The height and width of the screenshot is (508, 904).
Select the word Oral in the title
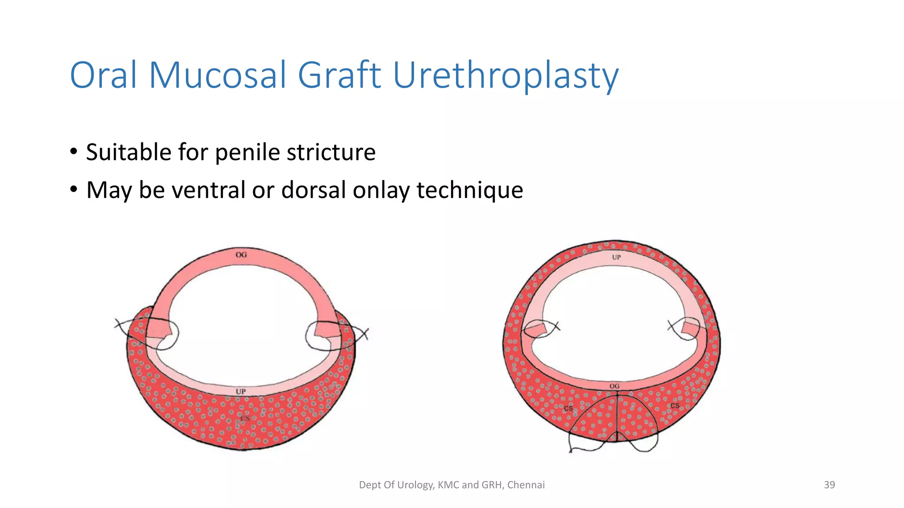pyautogui.click(x=103, y=75)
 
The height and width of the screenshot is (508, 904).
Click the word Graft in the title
pyautogui.click(x=339, y=75)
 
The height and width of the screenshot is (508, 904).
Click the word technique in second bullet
pyautogui.click(x=470, y=191)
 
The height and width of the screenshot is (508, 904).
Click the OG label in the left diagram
pyautogui.click(x=241, y=255)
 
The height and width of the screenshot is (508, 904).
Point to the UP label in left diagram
pyautogui.click(x=241, y=392)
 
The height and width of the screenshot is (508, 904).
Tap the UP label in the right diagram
pyautogui.click(x=616, y=257)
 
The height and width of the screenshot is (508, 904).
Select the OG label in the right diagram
pyautogui.click(x=614, y=386)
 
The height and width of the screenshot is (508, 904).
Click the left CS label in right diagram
pyautogui.click(x=568, y=409)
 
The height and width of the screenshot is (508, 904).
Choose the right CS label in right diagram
pyautogui.click(x=675, y=406)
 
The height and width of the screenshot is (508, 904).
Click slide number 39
pyautogui.click(x=829, y=485)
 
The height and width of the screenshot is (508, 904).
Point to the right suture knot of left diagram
pyautogui.click(x=364, y=334)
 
